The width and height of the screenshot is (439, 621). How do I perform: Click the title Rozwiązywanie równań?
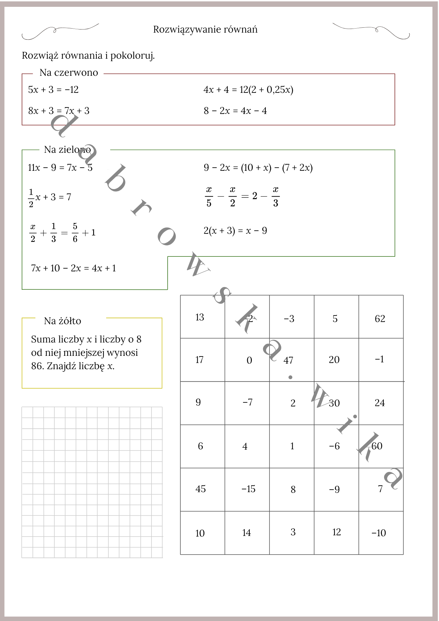click(x=205, y=29)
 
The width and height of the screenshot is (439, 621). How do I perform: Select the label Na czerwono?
click(x=69, y=73)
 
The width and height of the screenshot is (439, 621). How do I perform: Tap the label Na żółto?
click(x=62, y=321)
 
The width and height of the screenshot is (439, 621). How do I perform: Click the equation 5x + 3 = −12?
click(x=53, y=90)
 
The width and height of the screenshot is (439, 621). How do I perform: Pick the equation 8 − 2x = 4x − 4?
click(x=235, y=111)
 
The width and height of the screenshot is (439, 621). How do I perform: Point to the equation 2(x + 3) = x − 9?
click(x=235, y=231)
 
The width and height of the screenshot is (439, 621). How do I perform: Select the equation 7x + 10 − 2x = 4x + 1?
click(x=73, y=268)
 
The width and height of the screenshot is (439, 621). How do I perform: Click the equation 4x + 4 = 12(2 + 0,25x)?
click(x=248, y=90)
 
